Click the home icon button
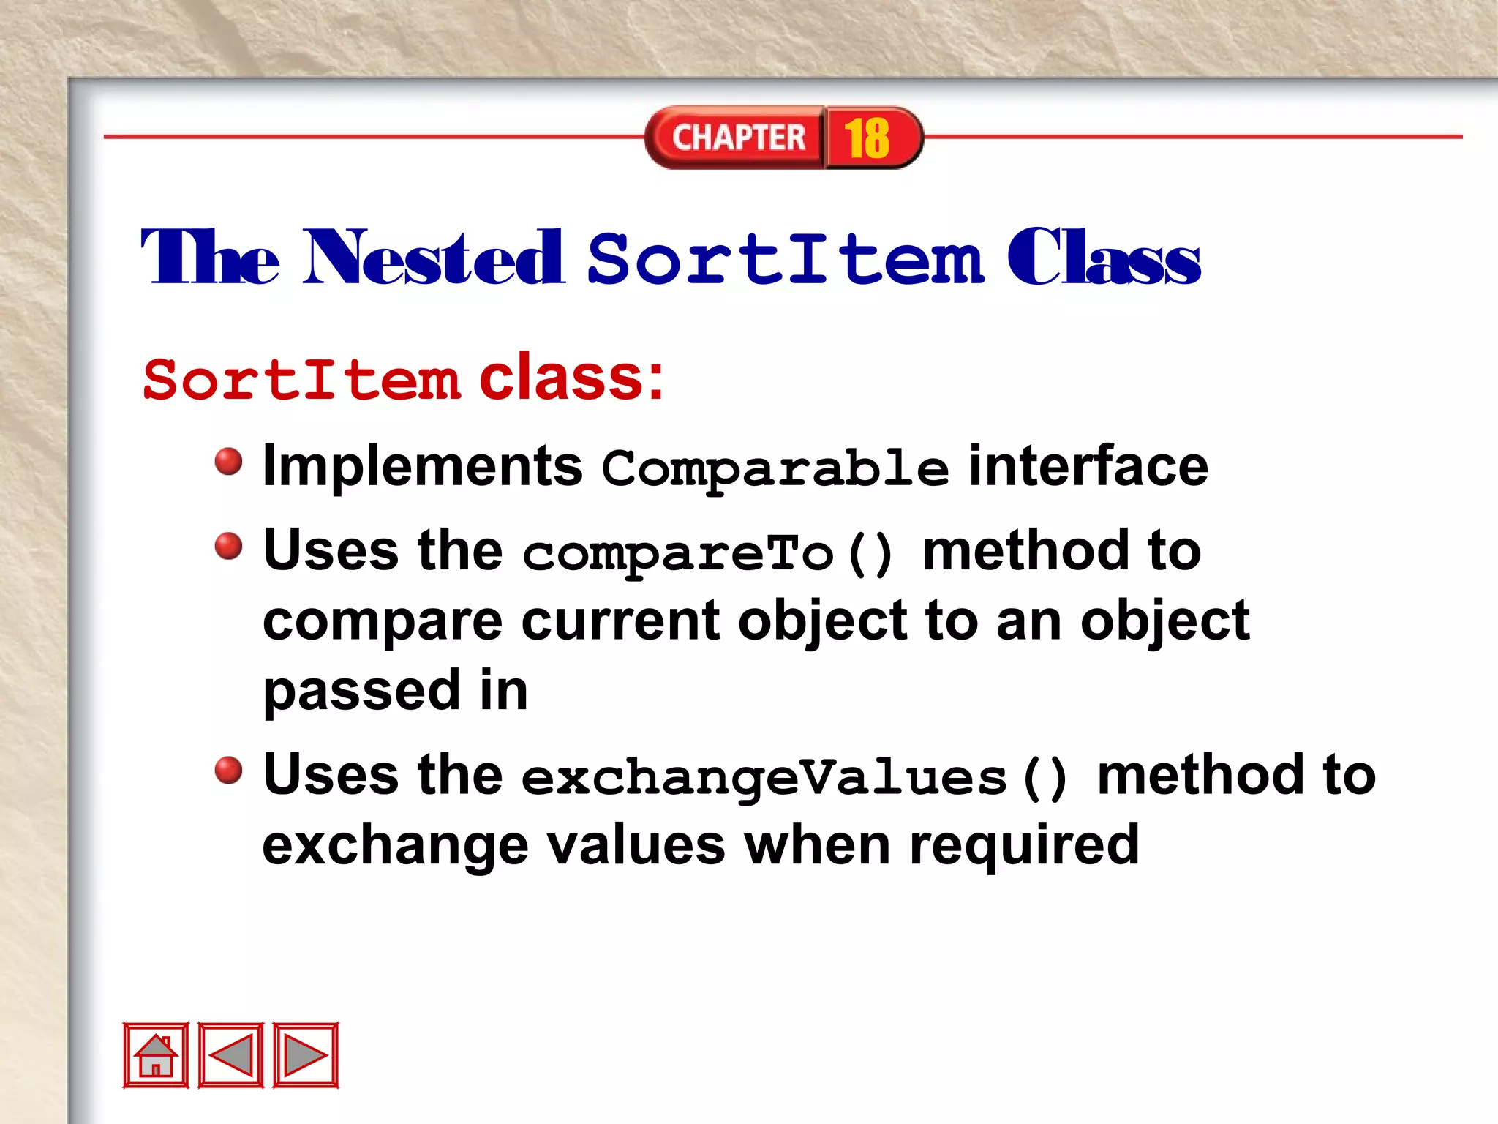point(156,1054)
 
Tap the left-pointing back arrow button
point(231,1054)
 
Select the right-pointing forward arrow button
point(306,1054)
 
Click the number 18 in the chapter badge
point(867,138)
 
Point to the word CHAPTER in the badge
point(739,138)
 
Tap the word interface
point(1088,467)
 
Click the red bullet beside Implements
point(229,462)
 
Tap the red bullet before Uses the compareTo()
point(229,546)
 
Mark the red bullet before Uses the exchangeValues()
point(229,770)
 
